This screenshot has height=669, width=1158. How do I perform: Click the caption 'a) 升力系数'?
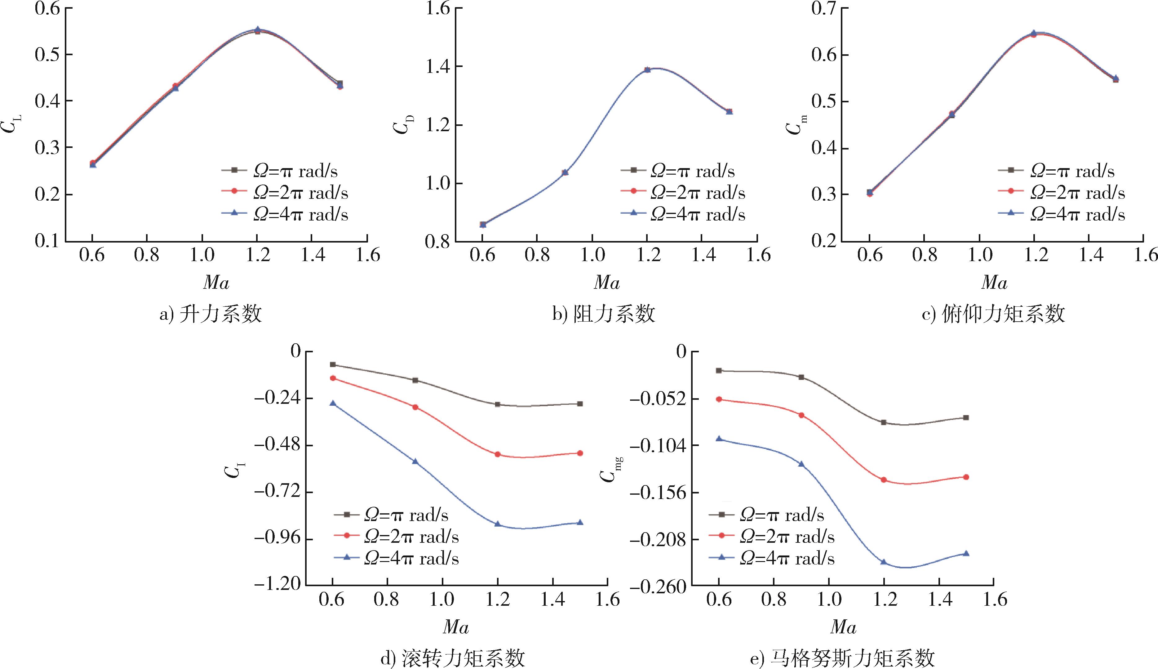click(210, 314)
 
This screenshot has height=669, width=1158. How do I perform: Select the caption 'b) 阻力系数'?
click(603, 314)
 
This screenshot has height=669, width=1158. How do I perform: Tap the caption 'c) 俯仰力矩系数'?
click(993, 314)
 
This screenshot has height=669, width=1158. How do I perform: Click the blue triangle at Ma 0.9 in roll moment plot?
click(415, 461)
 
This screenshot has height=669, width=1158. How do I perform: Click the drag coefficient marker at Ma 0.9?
click(565, 172)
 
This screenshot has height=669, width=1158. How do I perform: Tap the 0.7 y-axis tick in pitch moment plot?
click(824, 8)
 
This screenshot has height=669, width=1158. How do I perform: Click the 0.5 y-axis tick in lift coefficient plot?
click(48, 55)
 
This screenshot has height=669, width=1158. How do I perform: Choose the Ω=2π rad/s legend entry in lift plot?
click(285, 193)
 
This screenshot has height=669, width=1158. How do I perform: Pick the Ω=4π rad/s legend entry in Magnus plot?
click(771, 558)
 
